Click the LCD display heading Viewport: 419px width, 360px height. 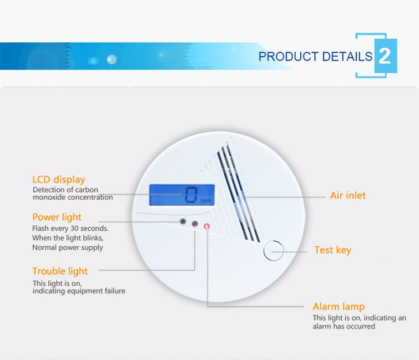(58, 180)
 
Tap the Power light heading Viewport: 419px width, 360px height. (57, 217)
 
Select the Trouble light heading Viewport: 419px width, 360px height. (60, 271)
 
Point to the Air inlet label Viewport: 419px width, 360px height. (347, 195)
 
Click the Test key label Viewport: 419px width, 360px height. (332, 250)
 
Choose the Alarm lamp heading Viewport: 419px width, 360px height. (339, 307)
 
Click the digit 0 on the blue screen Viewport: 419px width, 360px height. (191, 194)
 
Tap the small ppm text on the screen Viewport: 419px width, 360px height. (206, 201)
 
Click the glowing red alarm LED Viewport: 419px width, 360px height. (207, 226)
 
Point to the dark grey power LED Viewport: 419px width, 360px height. (183, 221)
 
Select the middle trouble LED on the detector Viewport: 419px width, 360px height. (195, 224)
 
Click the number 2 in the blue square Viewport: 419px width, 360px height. (385, 57)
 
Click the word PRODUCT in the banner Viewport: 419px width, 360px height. (289, 57)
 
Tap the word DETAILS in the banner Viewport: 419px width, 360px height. (347, 57)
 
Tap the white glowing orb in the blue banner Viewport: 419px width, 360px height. (112, 59)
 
